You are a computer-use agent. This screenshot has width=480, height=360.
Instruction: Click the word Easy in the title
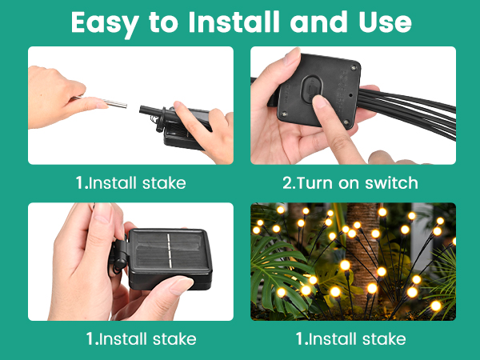(x=105, y=23)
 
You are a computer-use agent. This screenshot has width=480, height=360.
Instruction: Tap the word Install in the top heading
(x=234, y=22)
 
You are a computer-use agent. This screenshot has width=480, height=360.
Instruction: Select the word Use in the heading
(x=385, y=22)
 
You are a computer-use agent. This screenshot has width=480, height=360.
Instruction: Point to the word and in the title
(x=318, y=22)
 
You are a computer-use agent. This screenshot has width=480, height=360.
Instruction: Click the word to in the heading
(x=163, y=22)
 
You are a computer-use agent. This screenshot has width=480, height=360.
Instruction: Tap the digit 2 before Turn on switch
(x=288, y=183)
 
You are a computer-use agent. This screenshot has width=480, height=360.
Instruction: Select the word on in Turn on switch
(x=349, y=184)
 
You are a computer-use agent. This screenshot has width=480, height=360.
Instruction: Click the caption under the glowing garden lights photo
(x=351, y=339)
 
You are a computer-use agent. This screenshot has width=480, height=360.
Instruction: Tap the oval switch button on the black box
(x=312, y=89)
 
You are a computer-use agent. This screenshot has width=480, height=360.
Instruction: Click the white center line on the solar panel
(x=168, y=250)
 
